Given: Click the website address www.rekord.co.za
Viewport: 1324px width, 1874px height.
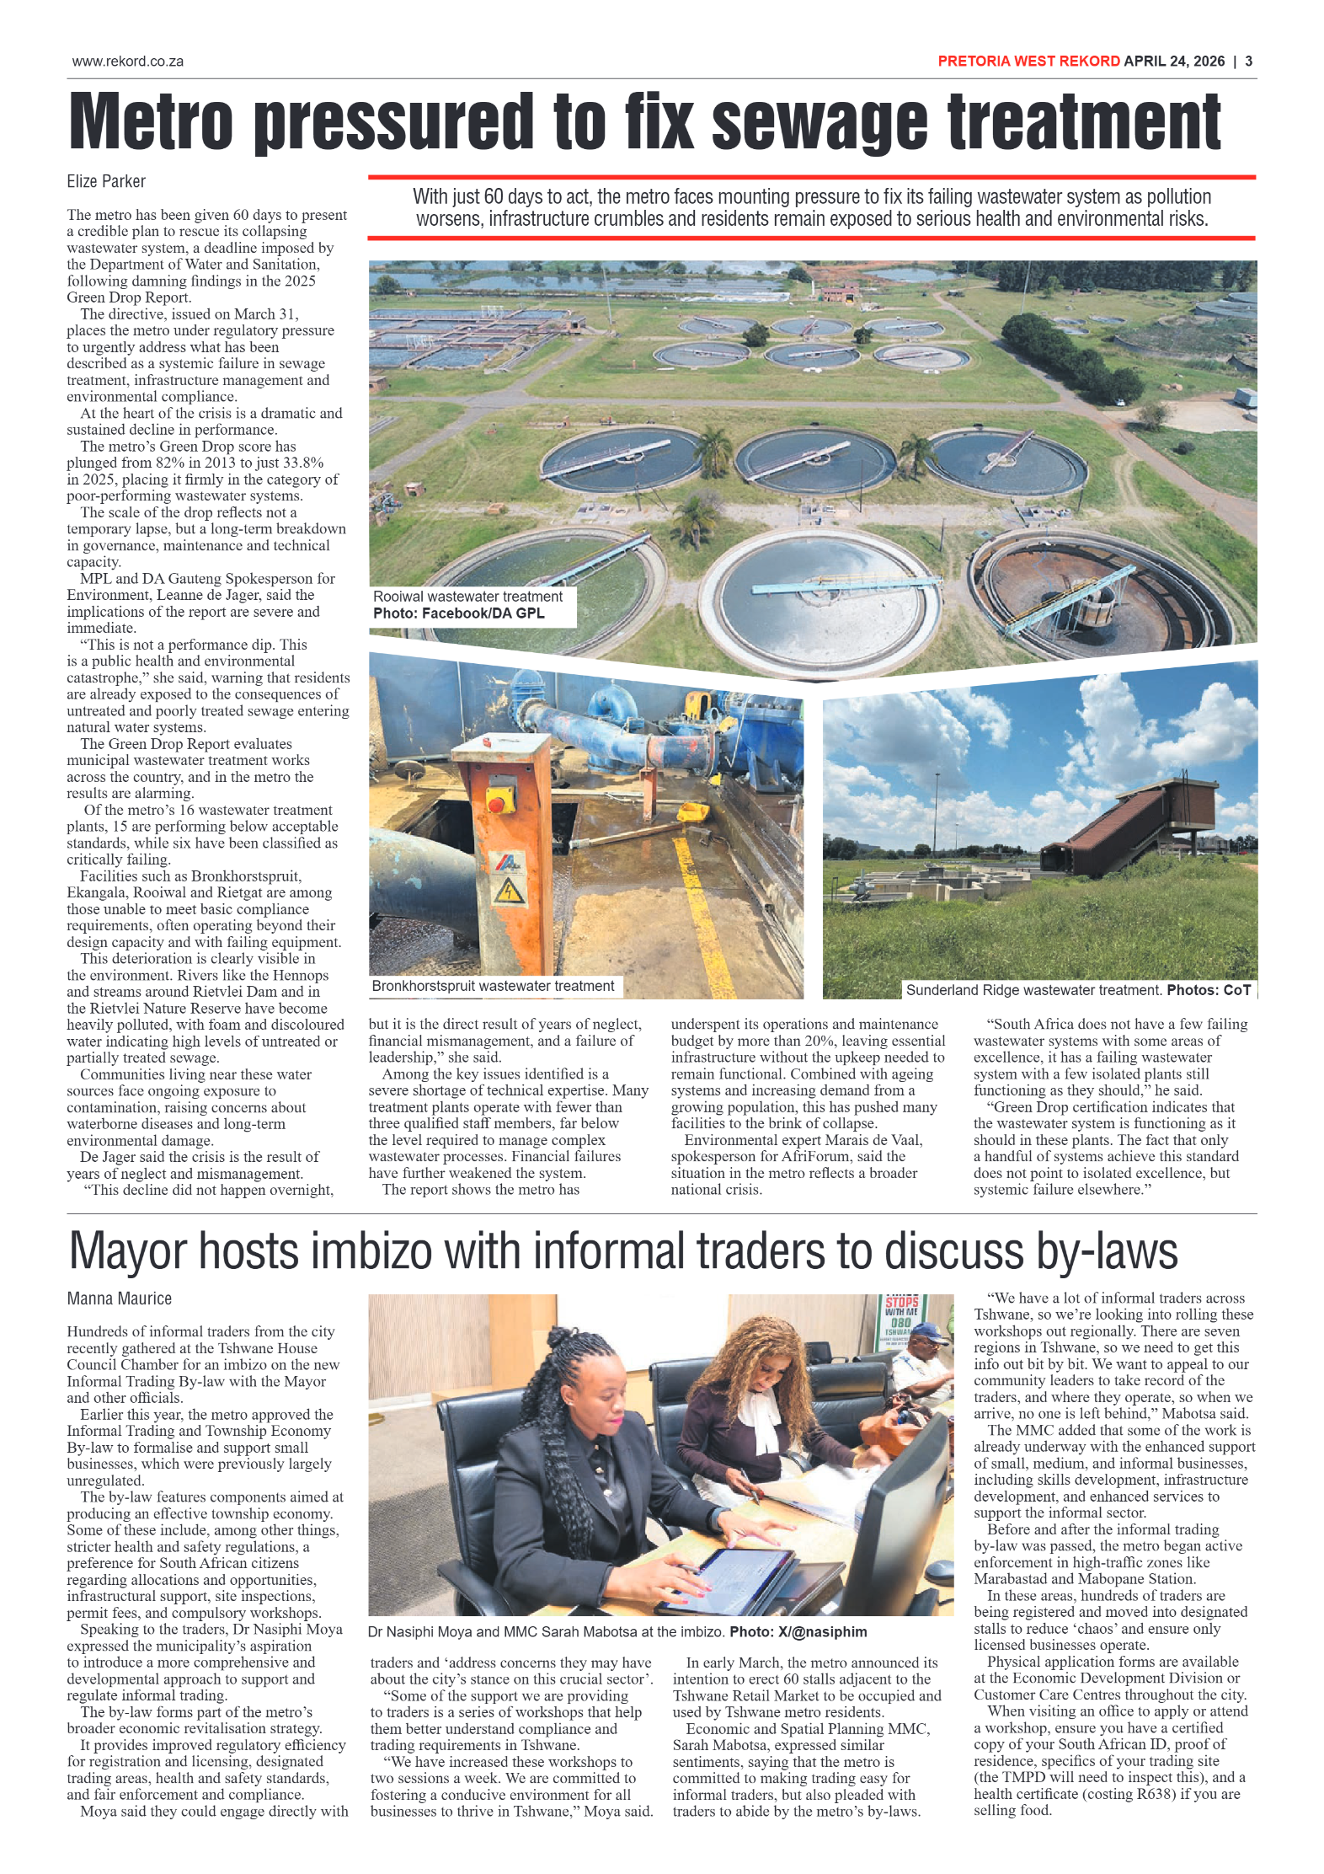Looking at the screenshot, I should point(127,62).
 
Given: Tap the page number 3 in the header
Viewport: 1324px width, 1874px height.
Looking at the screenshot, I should point(1248,62).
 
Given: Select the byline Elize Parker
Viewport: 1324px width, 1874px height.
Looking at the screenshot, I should point(106,181).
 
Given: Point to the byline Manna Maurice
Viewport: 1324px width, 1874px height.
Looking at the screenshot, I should point(119,1298).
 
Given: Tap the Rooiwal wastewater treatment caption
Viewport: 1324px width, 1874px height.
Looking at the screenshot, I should point(467,597).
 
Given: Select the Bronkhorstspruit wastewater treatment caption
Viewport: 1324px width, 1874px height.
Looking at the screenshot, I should point(493,986).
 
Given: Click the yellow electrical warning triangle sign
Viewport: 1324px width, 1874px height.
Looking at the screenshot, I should point(510,891).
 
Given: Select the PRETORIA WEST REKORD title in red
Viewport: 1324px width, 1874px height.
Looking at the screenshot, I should point(1028,62).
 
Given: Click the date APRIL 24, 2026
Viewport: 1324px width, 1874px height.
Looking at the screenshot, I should point(1173,62).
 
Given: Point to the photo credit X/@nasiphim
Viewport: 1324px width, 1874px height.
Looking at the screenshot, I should point(822,1631).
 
